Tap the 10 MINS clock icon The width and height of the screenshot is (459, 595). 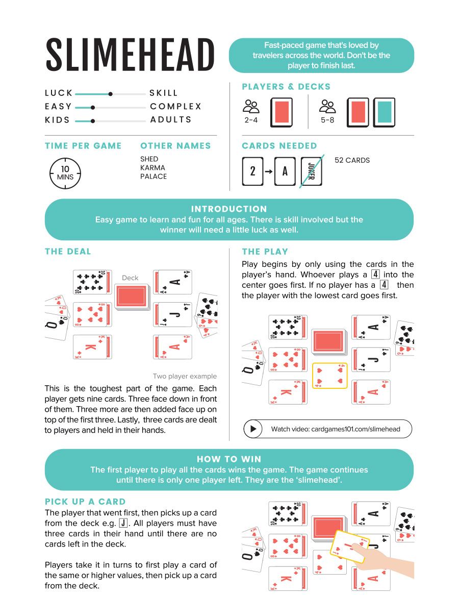65,173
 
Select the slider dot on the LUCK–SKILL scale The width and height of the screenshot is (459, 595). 110,93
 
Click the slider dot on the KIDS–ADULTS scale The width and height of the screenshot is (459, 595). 92,120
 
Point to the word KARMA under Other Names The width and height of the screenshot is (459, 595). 152,167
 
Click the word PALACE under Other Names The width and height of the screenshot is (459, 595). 154,176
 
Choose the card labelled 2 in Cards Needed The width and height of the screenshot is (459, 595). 252,171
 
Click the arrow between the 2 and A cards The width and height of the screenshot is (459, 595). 268,171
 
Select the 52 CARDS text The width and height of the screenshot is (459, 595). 352,160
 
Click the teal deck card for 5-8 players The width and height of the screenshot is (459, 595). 384,112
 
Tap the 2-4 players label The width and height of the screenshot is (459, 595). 250,120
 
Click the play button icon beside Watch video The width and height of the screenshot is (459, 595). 252,429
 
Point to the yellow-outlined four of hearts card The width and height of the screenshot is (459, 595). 329,376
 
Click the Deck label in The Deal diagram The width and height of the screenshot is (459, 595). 130,278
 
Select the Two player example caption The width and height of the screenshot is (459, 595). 185,376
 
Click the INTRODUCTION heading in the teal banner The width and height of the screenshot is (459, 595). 229,209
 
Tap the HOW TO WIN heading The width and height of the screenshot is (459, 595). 229,459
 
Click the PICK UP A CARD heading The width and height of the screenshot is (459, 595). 85,502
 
